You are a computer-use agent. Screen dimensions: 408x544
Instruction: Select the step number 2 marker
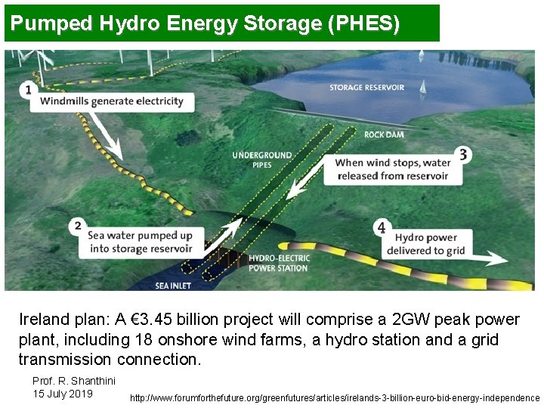(x=76, y=225)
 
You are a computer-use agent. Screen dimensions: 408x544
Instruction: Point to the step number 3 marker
(x=462, y=155)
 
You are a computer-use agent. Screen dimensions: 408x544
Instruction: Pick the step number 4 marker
(x=382, y=227)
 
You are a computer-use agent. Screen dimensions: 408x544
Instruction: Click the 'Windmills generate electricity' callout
(x=112, y=101)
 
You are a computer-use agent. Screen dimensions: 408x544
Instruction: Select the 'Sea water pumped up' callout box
(x=141, y=242)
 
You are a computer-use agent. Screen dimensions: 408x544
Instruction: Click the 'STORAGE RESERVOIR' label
(x=366, y=88)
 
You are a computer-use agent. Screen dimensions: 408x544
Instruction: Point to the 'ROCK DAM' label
(x=383, y=134)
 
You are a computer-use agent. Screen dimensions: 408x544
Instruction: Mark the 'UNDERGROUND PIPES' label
(x=261, y=160)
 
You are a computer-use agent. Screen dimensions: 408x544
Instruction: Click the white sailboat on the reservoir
(x=422, y=87)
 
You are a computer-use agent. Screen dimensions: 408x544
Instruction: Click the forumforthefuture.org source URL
(x=335, y=397)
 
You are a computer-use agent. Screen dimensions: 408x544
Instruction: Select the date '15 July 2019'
(x=63, y=394)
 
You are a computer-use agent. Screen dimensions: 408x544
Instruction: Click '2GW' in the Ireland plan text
(x=415, y=320)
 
